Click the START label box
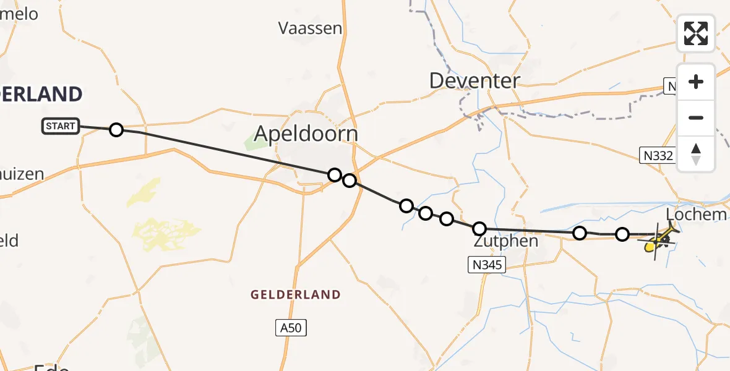[60, 126]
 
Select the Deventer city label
[474, 80]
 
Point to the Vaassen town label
[310, 28]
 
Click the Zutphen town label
[505, 241]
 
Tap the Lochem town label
[697, 215]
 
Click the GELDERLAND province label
[296, 295]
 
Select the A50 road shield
[291, 328]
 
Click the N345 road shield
[487, 265]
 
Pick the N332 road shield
[658, 156]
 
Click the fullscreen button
[696, 33]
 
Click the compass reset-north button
[696, 153]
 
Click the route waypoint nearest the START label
[116, 130]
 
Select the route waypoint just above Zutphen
[479, 229]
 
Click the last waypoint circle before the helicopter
[622, 234]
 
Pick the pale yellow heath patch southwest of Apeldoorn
[164, 235]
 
